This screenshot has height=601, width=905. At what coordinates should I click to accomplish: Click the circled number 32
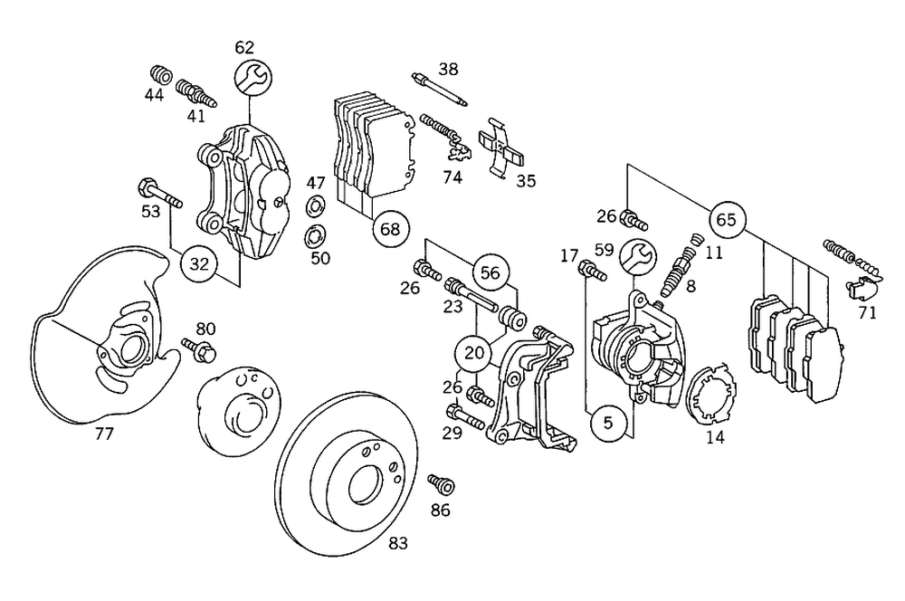pyautogui.click(x=199, y=264)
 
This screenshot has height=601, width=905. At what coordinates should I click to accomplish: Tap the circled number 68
pyautogui.click(x=389, y=229)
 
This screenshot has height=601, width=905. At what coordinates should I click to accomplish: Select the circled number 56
pyautogui.click(x=490, y=272)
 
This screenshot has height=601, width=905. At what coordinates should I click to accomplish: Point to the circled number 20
pyautogui.click(x=471, y=352)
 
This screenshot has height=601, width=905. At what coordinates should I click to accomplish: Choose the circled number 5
pyautogui.click(x=607, y=422)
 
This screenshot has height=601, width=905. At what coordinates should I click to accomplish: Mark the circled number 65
pyautogui.click(x=726, y=220)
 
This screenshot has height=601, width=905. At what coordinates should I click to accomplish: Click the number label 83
pyautogui.click(x=398, y=543)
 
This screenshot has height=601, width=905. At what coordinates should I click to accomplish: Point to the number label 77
pyautogui.click(x=104, y=434)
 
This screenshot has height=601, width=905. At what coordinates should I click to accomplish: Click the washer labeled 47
pyautogui.click(x=317, y=205)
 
